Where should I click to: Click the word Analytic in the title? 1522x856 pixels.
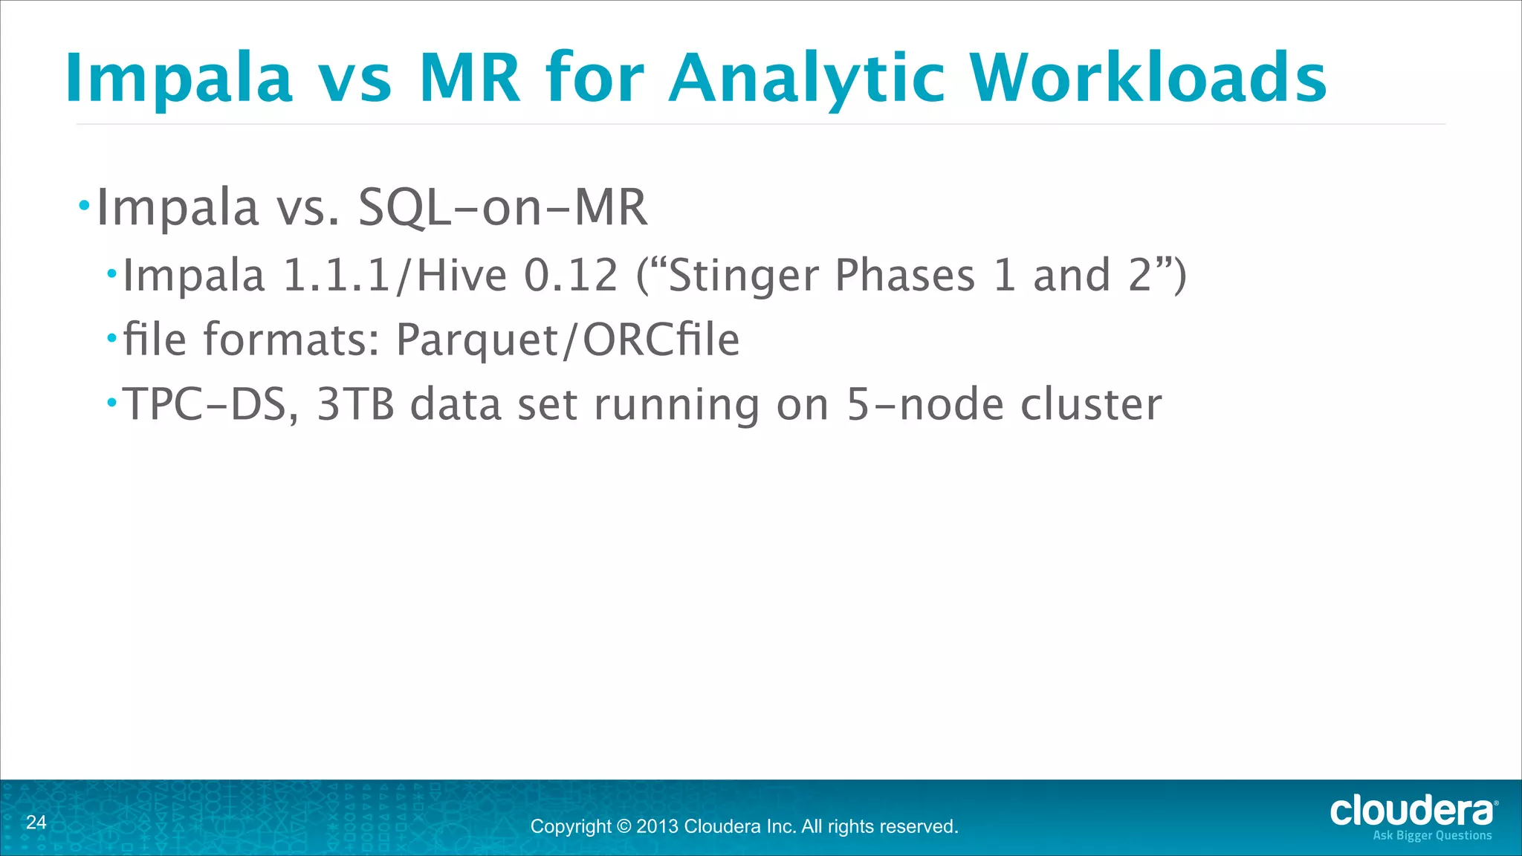coord(807,79)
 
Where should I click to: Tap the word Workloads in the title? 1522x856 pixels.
coord(1148,79)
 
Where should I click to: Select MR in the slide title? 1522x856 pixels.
coord(469,79)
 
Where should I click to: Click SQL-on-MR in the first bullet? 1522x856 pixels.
coord(502,207)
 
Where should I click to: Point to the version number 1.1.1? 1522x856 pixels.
coord(338,275)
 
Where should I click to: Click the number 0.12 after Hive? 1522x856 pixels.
coord(571,275)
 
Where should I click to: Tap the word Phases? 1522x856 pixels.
coord(904,275)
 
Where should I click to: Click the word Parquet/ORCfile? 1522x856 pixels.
coord(567,340)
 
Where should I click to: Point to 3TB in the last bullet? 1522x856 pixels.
coord(355,405)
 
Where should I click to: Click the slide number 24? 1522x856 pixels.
coord(36,822)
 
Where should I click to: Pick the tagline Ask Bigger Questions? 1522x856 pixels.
coord(1432,836)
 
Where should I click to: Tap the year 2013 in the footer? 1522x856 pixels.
coord(657,827)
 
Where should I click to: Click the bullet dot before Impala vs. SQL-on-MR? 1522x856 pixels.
coord(84,204)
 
